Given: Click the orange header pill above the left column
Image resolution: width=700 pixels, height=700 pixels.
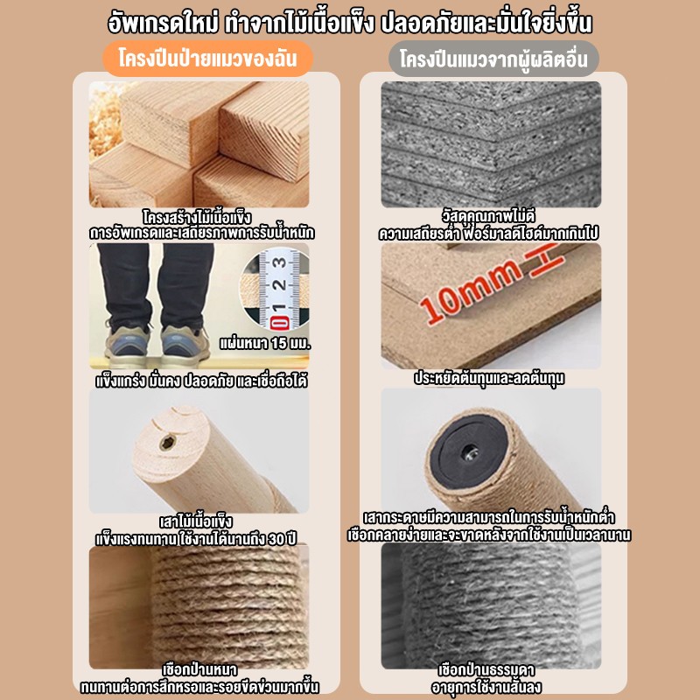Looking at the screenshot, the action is (207, 59).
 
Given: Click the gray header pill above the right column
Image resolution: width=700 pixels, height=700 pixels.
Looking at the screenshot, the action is (493, 59).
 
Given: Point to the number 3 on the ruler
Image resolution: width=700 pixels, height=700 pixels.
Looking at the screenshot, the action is (280, 262).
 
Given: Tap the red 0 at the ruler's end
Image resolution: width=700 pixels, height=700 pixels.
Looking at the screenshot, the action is (279, 322).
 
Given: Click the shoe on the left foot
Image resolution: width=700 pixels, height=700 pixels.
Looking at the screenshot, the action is (126, 342).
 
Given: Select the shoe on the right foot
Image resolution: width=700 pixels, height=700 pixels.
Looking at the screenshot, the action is (185, 344).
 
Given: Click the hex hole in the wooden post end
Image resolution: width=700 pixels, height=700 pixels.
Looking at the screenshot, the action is (168, 443).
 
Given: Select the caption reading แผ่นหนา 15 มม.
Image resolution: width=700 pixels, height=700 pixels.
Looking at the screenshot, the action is (265, 343).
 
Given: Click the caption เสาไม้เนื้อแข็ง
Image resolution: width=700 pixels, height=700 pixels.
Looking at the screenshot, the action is (196, 521).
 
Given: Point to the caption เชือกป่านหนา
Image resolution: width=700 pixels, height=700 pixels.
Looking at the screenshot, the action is (199, 669).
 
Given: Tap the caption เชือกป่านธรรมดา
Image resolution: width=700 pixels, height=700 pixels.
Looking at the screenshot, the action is (486, 669).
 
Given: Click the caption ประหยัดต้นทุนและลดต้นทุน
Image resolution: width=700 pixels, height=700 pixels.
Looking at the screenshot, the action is (489, 379).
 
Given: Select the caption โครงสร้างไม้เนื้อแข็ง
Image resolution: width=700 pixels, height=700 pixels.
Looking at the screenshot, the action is (197, 217).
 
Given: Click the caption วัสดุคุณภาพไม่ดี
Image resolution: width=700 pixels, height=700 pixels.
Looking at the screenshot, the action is (488, 216).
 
